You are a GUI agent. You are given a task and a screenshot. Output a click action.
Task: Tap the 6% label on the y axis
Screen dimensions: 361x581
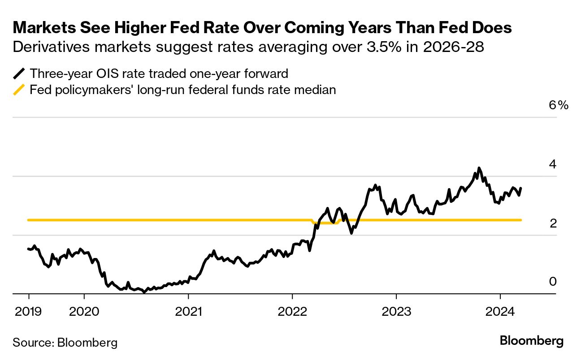tap(558, 105)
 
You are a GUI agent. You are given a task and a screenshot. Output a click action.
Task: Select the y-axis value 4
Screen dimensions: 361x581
tap(553, 164)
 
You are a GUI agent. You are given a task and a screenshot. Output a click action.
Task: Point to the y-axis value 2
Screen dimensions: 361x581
tap(553, 223)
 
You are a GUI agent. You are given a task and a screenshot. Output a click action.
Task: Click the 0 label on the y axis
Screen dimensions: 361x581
tap(553, 281)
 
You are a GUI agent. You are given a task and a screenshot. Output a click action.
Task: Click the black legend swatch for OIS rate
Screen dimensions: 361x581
tap(20, 73)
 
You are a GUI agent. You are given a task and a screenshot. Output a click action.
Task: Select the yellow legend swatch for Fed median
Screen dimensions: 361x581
tap(20, 90)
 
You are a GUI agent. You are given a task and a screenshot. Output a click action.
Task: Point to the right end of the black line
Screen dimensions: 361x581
tap(521, 188)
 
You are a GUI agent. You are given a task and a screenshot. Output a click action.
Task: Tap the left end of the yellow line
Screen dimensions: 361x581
tap(28, 220)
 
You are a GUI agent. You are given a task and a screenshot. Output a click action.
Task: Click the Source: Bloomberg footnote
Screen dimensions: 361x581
tap(65, 343)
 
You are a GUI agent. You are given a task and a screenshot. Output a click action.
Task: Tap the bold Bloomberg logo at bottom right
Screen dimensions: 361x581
tap(532, 341)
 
